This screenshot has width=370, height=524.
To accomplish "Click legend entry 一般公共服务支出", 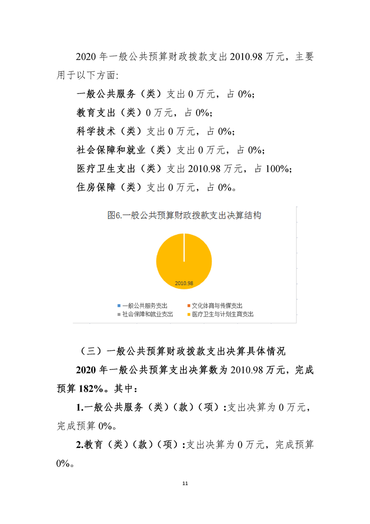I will [x=145, y=305].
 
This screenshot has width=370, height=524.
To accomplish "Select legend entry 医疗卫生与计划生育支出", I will [x=223, y=314].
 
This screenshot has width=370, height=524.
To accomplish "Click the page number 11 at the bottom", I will [x=185, y=483].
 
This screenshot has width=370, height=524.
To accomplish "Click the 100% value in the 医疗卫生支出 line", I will [x=278, y=169].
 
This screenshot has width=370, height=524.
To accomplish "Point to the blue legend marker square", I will [x=119, y=305].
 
